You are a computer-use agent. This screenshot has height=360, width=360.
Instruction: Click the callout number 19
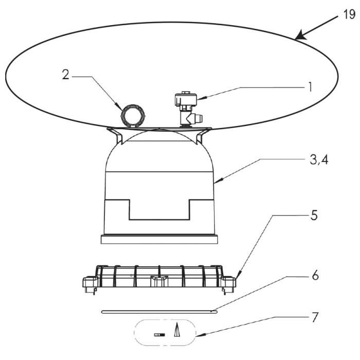pyautogui.click(x=349, y=14)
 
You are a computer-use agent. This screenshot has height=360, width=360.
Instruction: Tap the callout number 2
pyautogui.click(x=66, y=75)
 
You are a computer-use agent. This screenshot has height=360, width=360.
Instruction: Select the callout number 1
pyautogui.click(x=310, y=87)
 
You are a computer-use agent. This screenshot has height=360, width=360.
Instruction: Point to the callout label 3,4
pyautogui.click(x=319, y=160)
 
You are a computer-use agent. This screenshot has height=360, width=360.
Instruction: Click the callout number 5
pyautogui.click(x=314, y=215)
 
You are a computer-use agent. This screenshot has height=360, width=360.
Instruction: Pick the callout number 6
pyautogui.click(x=315, y=275)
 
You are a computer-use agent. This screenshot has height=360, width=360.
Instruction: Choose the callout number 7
pyautogui.click(x=315, y=317)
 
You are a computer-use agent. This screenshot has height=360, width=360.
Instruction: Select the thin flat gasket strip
pyautogui.click(x=159, y=312)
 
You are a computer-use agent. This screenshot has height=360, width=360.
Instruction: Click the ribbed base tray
pyautogui.click(x=159, y=278)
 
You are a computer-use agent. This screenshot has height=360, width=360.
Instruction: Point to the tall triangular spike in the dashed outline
pyautogui.click(x=176, y=330)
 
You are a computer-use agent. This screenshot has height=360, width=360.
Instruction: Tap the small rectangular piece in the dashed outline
pyautogui.click(x=159, y=335)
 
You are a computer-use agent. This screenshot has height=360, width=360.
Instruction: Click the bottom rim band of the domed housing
pyautogui.click(x=159, y=239)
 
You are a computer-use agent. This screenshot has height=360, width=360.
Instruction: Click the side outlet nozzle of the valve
pyautogui.click(x=198, y=118)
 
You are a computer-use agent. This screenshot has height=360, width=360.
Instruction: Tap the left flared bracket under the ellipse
pyautogui.click(x=116, y=135)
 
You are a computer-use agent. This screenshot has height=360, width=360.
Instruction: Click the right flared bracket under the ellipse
pyautogui.click(x=203, y=135)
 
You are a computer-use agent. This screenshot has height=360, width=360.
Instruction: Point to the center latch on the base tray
pyautogui.click(x=159, y=281)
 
